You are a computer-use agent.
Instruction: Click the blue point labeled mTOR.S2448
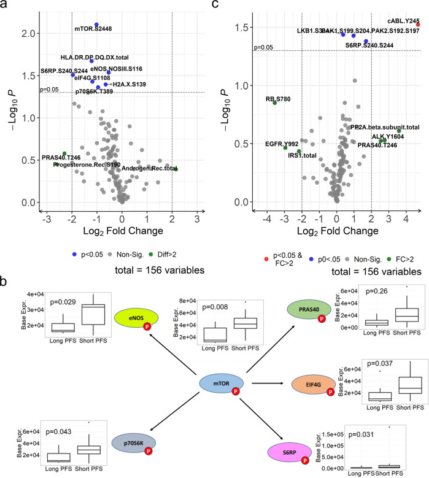tap(97, 25)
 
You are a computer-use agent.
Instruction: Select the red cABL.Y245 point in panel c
tap(418, 25)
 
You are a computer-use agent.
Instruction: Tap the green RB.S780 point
tap(275, 102)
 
